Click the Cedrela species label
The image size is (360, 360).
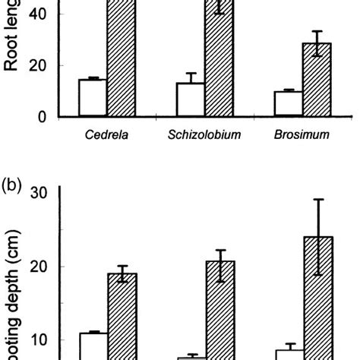pyautogui.click(x=106, y=137)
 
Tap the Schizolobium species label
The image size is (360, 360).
pyautogui.click(x=199, y=137)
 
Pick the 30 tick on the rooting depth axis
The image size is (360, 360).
pyautogui.click(x=39, y=193)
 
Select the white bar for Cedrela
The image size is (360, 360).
pyautogui.click(x=93, y=98)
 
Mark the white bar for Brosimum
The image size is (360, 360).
pyautogui.click(x=288, y=104)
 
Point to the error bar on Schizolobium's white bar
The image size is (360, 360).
pyautogui.click(x=190, y=78)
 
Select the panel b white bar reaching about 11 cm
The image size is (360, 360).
pyautogui.click(x=93, y=346)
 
